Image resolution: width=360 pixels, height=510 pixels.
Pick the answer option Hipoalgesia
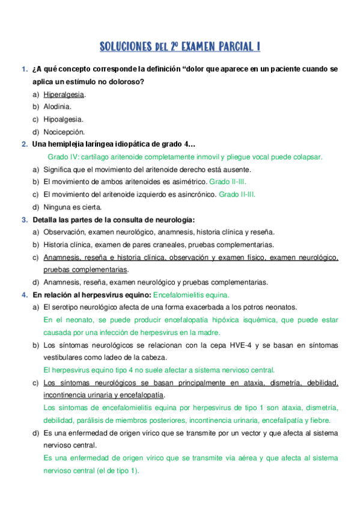click(63, 120)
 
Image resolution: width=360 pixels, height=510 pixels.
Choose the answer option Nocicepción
click(64, 132)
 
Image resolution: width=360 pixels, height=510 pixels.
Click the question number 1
click(23, 69)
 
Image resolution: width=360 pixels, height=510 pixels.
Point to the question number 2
click(23, 144)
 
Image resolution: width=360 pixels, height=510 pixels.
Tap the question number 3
click(23, 220)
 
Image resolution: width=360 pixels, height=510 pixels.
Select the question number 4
click(23, 295)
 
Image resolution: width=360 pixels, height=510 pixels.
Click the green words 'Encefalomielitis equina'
click(191, 295)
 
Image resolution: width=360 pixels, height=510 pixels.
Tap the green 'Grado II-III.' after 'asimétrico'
click(227, 182)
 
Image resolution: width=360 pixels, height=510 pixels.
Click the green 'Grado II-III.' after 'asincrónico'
click(237, 194)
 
